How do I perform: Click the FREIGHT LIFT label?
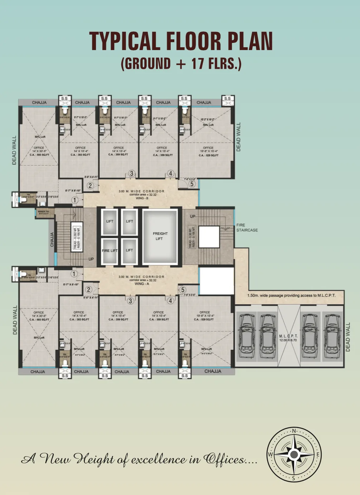click(x=160, y=236)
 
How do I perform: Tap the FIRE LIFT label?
click(x=110, y=251)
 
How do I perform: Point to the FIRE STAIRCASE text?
click(x=247, y=227)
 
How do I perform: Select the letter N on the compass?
click(x=294, y=431)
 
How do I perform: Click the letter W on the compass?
click(x=271, y=455)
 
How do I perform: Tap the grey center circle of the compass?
click(x=294, y=455)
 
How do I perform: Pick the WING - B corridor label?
click(x=142, y=198)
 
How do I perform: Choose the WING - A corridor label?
click(x=142, y=284)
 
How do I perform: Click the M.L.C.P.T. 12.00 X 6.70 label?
click(x=288, y=338)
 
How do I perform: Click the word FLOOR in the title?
click(x=195, y=41)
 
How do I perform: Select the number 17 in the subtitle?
click(x=197, y=64)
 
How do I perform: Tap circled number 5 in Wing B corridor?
click(x=192, y=184)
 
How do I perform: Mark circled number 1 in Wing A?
click(x=74, y=274)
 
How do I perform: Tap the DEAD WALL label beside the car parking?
click(x=348, y=337)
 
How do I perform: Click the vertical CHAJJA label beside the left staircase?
click(x=52, y=240)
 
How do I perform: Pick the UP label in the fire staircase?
click(x=193, y=216)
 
